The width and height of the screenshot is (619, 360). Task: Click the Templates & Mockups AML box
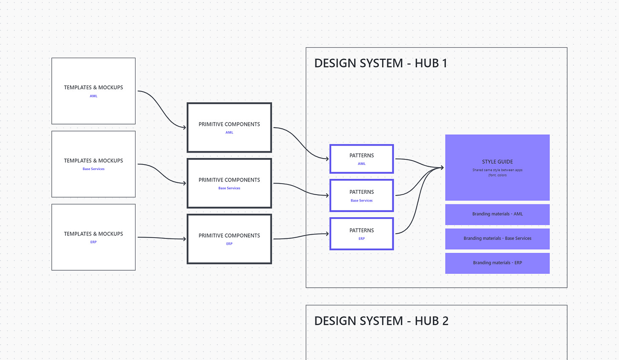click(x=93, y=91)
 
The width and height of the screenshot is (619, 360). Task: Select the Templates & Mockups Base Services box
click(x=93, y=164)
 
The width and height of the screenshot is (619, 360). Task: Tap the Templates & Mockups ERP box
click(x=93, y=237)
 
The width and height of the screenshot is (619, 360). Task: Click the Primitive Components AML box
click(x=229, y=128)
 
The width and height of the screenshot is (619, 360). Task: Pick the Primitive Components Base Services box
click(x=229, y=183)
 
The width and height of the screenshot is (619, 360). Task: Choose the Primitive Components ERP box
click(x=229, y=239)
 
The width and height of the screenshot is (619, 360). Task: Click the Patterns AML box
click(x=361, y=159)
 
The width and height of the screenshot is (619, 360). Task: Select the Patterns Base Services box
click(x=361, y=196)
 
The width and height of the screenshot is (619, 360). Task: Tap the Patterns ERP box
click(x=361, y=234)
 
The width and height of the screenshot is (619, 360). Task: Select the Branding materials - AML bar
click(x=497, y=214)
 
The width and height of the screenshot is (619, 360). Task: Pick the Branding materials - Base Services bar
click(x=497, y=238)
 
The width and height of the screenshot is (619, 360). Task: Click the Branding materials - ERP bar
click(x=497, y=263)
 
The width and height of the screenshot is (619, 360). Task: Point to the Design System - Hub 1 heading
click(x=380, y=63)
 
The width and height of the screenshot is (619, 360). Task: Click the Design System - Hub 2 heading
click(x=381, y=321)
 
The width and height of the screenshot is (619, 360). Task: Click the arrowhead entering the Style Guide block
click(x=442, y=167)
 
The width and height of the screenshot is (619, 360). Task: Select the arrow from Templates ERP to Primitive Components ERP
click(x=162, y=238)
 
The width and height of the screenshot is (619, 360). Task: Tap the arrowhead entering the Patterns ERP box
click(x=327, y=233)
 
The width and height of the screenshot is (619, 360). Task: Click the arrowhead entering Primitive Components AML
click(x=184, y=127)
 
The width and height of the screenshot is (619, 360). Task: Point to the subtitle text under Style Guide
click(x=497, y=173)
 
